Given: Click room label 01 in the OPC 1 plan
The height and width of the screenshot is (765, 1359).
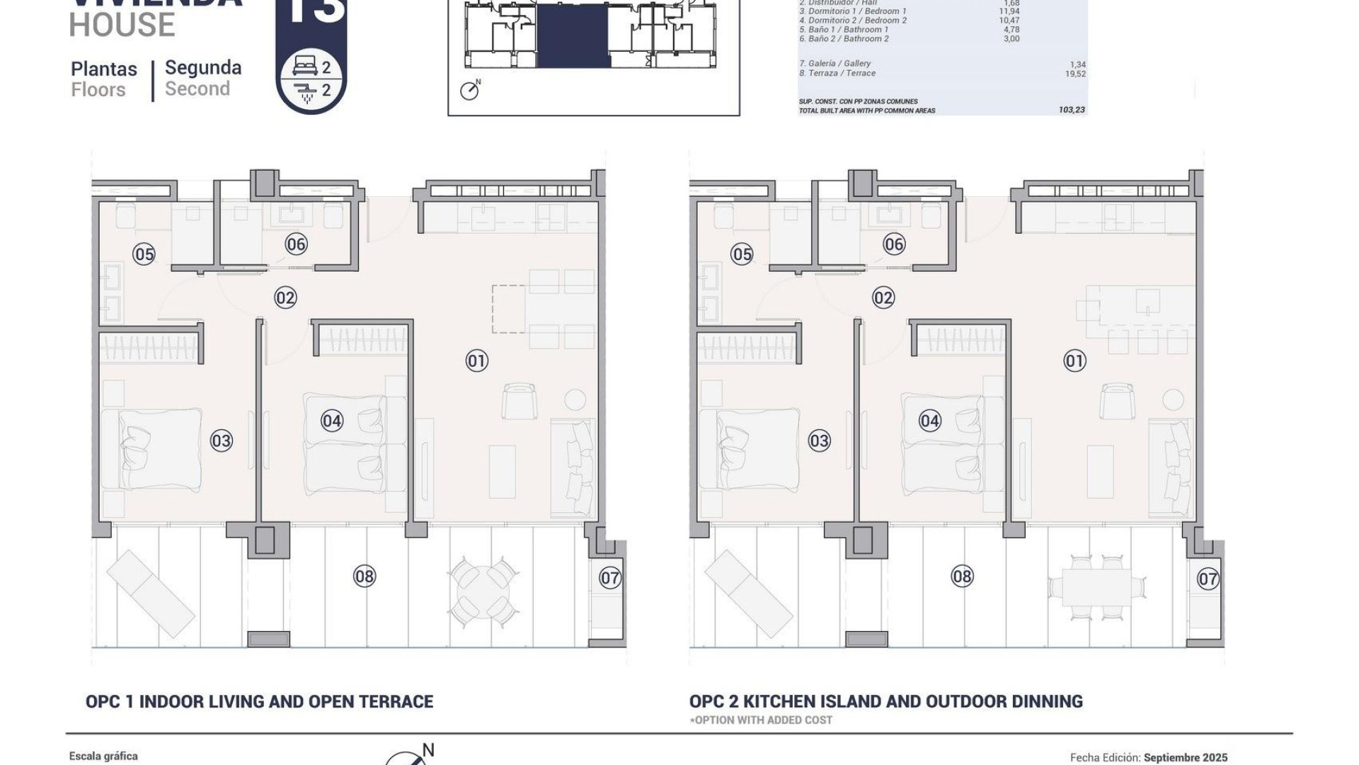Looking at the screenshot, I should coord(476,361).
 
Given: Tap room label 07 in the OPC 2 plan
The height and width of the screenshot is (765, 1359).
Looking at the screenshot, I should coord(1208,579).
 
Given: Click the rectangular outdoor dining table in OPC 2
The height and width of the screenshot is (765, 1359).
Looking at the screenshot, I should coord(1096,588).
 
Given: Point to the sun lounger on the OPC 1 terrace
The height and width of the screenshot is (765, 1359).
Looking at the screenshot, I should coord(150,594).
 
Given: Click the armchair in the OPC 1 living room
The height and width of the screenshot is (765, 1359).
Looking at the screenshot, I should coord(519,401).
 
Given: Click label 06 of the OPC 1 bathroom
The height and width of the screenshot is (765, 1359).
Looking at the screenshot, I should coord(296,244).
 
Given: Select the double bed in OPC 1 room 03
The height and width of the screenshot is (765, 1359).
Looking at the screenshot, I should coord(151,449).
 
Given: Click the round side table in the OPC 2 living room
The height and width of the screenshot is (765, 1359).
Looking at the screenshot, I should coord(1173,398).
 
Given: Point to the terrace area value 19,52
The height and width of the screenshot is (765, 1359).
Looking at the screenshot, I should coord(1074,74).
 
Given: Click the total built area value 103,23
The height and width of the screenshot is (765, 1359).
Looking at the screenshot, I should coord(1072,110).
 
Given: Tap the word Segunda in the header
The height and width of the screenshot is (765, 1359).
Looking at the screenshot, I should coord(203,68).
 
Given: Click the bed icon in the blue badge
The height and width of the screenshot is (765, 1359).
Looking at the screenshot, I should coord(305,67).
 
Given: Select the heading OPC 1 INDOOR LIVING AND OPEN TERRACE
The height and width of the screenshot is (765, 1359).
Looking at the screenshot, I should coord(259,701).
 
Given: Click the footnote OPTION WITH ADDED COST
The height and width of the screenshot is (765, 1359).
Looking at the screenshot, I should coord(761,720).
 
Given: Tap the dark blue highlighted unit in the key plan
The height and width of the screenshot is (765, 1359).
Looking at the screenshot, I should coord(573,35).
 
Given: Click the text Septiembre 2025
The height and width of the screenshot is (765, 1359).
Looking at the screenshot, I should coord(1185,758).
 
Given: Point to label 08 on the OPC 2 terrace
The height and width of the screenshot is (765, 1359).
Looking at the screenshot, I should coord(962,577).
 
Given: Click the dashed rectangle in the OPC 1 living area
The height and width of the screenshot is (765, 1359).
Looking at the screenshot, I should coord(508,309).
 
